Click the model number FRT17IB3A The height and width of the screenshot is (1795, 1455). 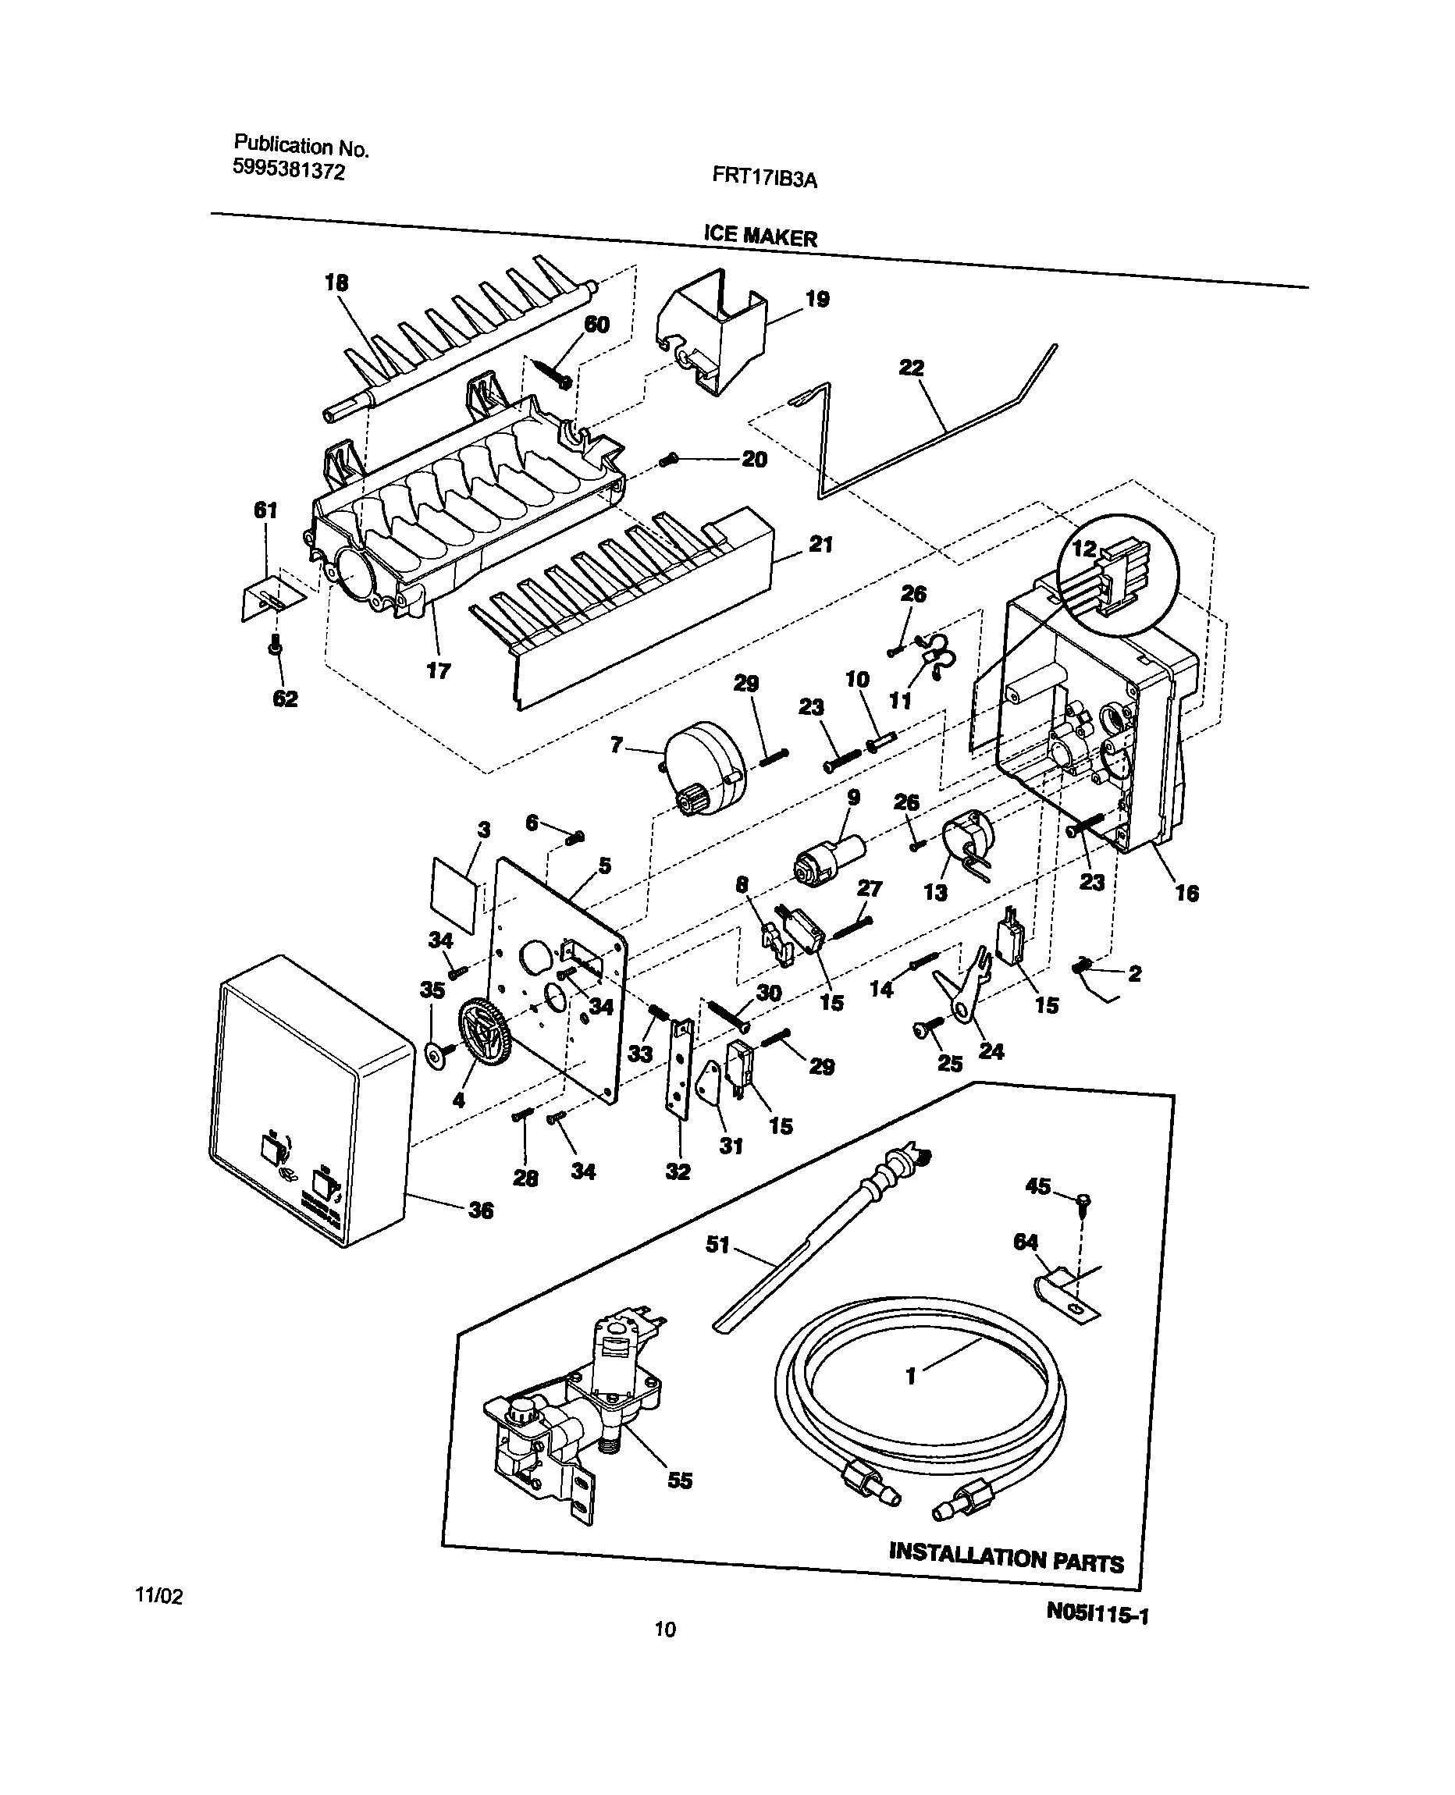click(x=763, y=178)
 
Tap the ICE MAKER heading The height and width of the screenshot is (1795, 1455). click(x=760, y=236)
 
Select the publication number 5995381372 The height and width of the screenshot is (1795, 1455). click(x=288, y=171)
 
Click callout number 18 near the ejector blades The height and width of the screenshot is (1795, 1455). click(x=336, y=283)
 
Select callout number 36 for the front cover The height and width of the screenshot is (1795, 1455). click(x=480, y=1210)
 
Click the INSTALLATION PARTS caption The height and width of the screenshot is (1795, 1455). click(x=1005, y=1555)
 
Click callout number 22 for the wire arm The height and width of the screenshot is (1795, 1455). click(x=911, y=367)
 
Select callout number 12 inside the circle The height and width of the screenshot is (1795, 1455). click(x=1083, y=549)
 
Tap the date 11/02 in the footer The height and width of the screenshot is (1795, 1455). click(x=159, y=1595)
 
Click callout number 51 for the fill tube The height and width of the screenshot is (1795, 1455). click(x=717, y=1245)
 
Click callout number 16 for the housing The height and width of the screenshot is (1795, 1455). click(x=1186, y=893)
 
